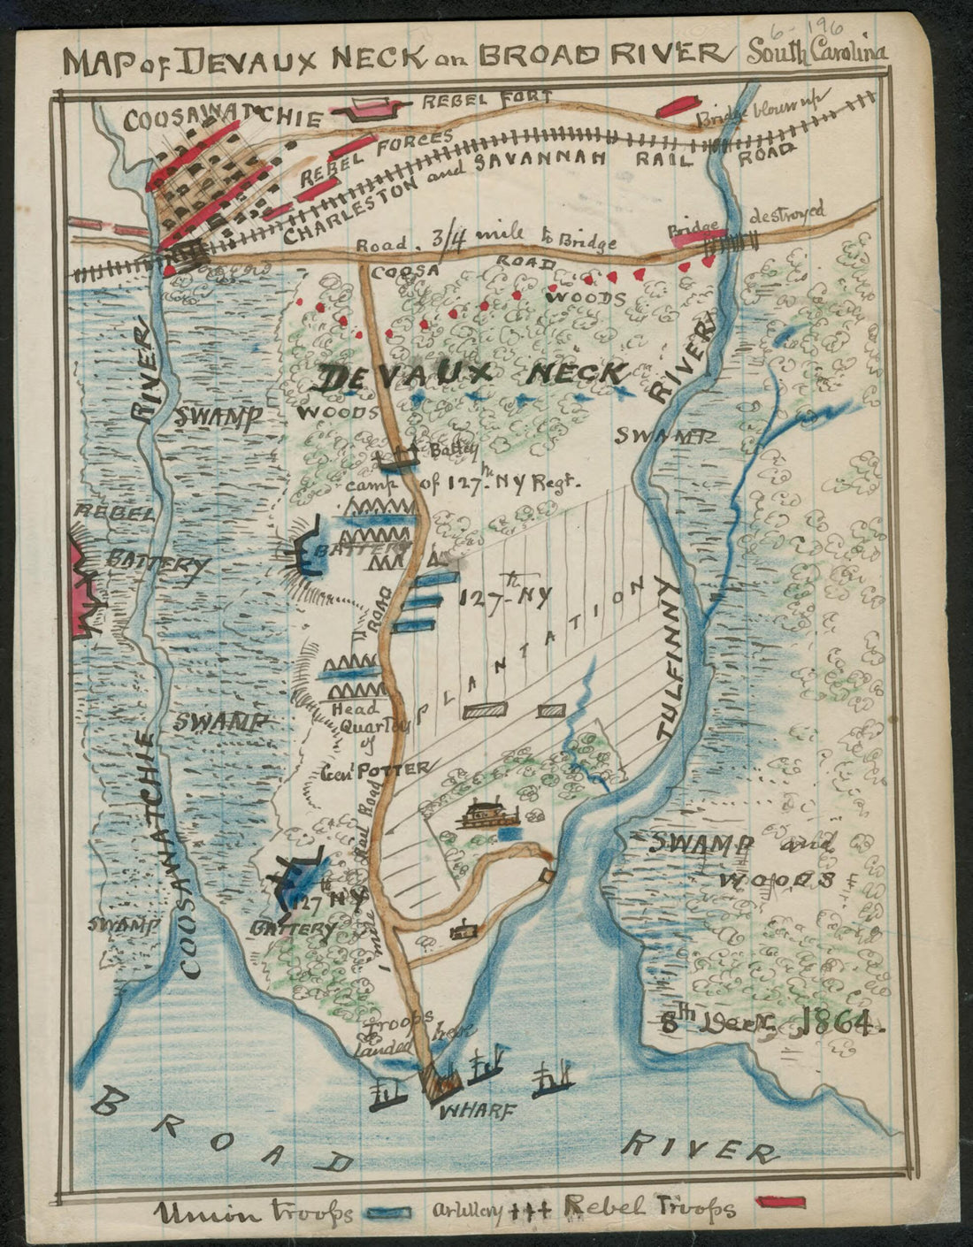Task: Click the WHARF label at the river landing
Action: click(x=476, y=1113)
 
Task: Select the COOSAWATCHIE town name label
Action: click(x=222, y=119)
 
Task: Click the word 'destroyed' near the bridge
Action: click(x=787, y=214)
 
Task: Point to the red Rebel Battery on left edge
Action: click(x=86, y=588)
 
